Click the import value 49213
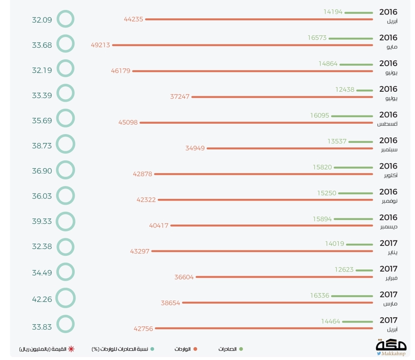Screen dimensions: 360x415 click(100, 45)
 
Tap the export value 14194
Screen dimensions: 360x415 click(333, 12)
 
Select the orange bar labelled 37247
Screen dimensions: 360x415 click(282, 97)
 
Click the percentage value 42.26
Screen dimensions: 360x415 click(42, 299)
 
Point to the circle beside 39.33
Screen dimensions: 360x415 click(65, 221)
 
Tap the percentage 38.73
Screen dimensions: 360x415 click(42, 144)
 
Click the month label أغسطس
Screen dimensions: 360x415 click(387, 124)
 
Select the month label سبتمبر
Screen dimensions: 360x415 click(389, 150)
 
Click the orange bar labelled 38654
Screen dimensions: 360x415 click(277, 303)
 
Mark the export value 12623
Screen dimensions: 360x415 click(344, 269)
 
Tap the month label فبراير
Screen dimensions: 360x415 click(390, 279)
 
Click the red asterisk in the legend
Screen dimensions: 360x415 click(71, 349)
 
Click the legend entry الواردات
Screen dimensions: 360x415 click(183, 349)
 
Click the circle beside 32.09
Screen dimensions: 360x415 click(65, 19)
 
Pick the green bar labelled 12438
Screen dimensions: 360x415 click(364, 90)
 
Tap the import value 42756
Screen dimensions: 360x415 click(143, 328)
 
